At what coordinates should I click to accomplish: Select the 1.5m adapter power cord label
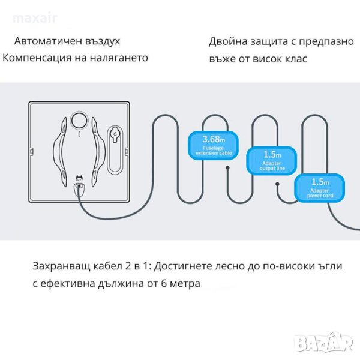(319, 185)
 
